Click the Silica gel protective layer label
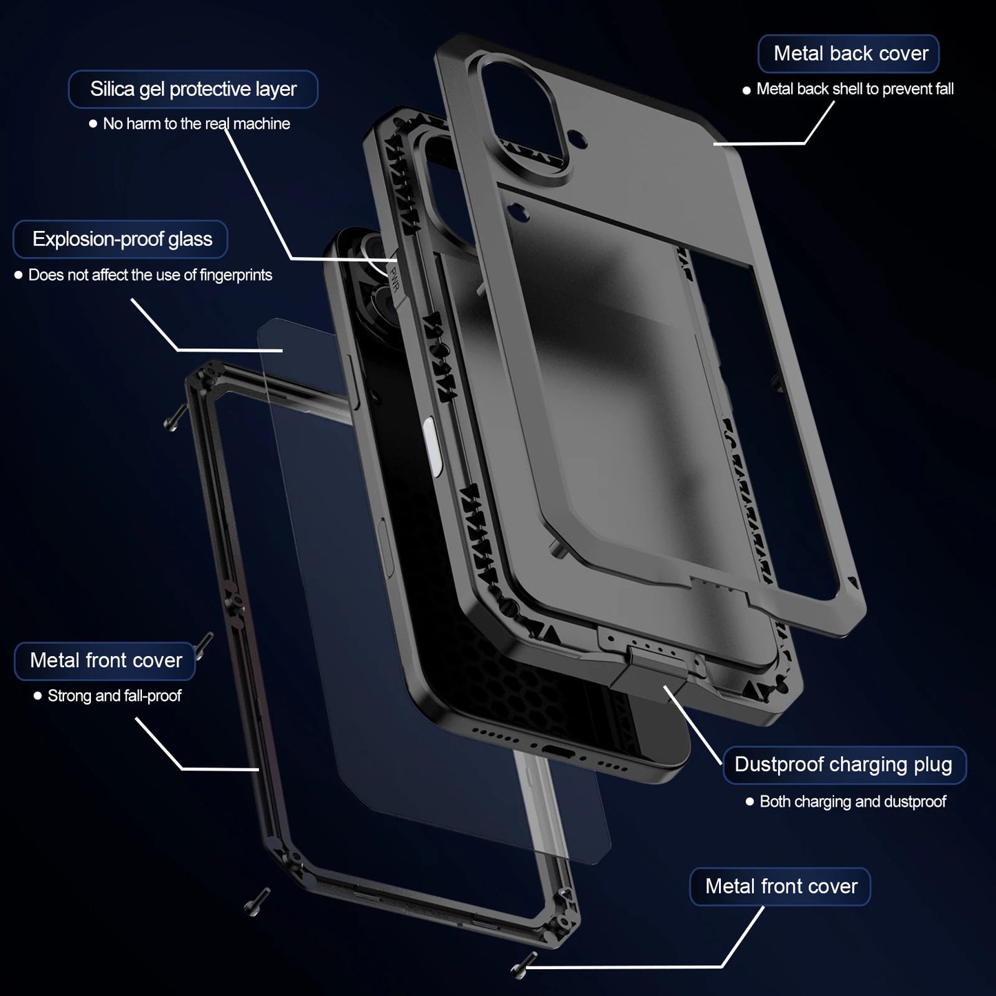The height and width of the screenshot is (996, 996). click(193, 89)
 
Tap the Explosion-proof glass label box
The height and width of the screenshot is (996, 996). click(121, 239)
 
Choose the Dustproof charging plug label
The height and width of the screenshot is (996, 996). click(844, 764)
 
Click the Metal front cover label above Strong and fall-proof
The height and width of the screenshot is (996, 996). click(105, 660)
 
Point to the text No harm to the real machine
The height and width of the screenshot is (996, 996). click(196, 124)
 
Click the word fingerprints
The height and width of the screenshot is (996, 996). click(236, 275)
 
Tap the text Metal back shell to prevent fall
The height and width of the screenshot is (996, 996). click(855, 89)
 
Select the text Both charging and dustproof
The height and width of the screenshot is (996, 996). click(853, 802)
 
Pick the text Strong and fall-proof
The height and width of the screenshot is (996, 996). click(114, 696)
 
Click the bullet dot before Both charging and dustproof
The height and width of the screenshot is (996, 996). click(750, 802)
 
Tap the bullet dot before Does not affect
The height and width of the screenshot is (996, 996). click(19, 275)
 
